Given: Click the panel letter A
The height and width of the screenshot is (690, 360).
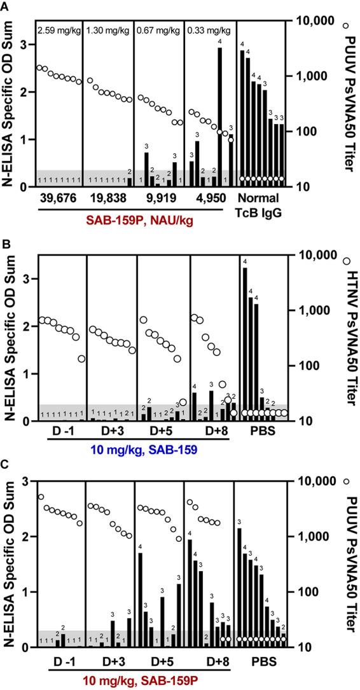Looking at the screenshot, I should click(x=6, y=6).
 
